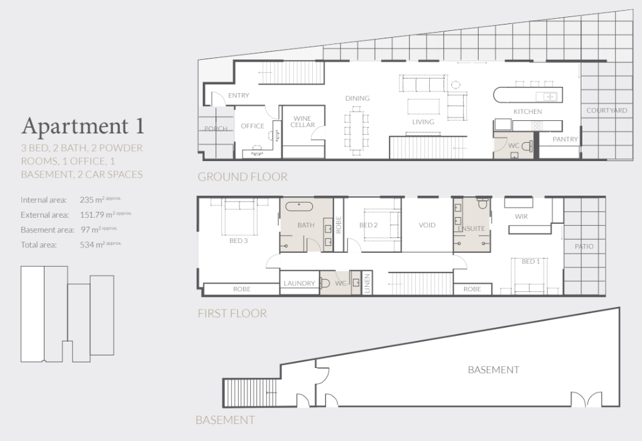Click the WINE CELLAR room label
tap(303, 121)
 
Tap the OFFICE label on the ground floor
tap(253, 126)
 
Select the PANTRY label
tap(565, 140)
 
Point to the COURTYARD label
tap(607, 110)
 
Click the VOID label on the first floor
tap(427, 225)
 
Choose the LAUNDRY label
tap(299, 283)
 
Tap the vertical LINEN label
tap(367, 283)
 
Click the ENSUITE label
tap(471, 229)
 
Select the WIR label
tap(521, 216)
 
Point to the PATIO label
tap(584, 247)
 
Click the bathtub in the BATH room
tap(299, 206)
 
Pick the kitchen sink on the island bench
tap(547, 96)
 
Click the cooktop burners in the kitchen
tap(536, 125)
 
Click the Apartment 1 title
tap(83, 125)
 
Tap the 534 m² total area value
tap(101, 245)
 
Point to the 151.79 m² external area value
tap(106, 215)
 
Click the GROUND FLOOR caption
tap(242, 177)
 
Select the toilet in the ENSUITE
tap(483, 204)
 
